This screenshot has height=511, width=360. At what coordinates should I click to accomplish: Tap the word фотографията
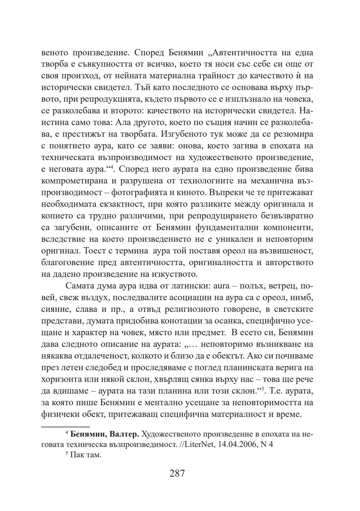pos(137,193)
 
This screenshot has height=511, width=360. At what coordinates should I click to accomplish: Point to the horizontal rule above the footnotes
pos(66,426)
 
